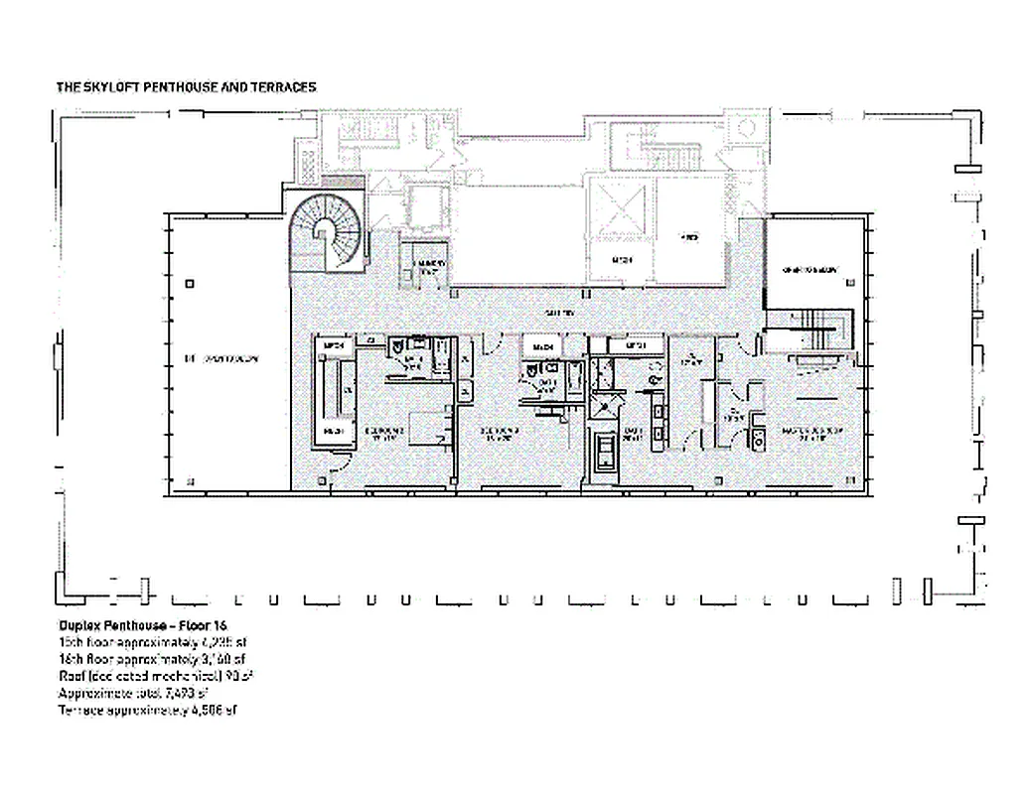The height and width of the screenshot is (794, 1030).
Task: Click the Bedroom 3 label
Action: point(501,432)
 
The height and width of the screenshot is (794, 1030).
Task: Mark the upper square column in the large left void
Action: point(189,282)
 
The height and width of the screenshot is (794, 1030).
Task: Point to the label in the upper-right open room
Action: point(810,270)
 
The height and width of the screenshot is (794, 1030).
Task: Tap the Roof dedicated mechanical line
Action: point(156,677)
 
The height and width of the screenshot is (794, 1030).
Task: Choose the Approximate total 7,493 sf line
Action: point(145,694)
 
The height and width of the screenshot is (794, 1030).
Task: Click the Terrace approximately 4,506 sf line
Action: point(149,711)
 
